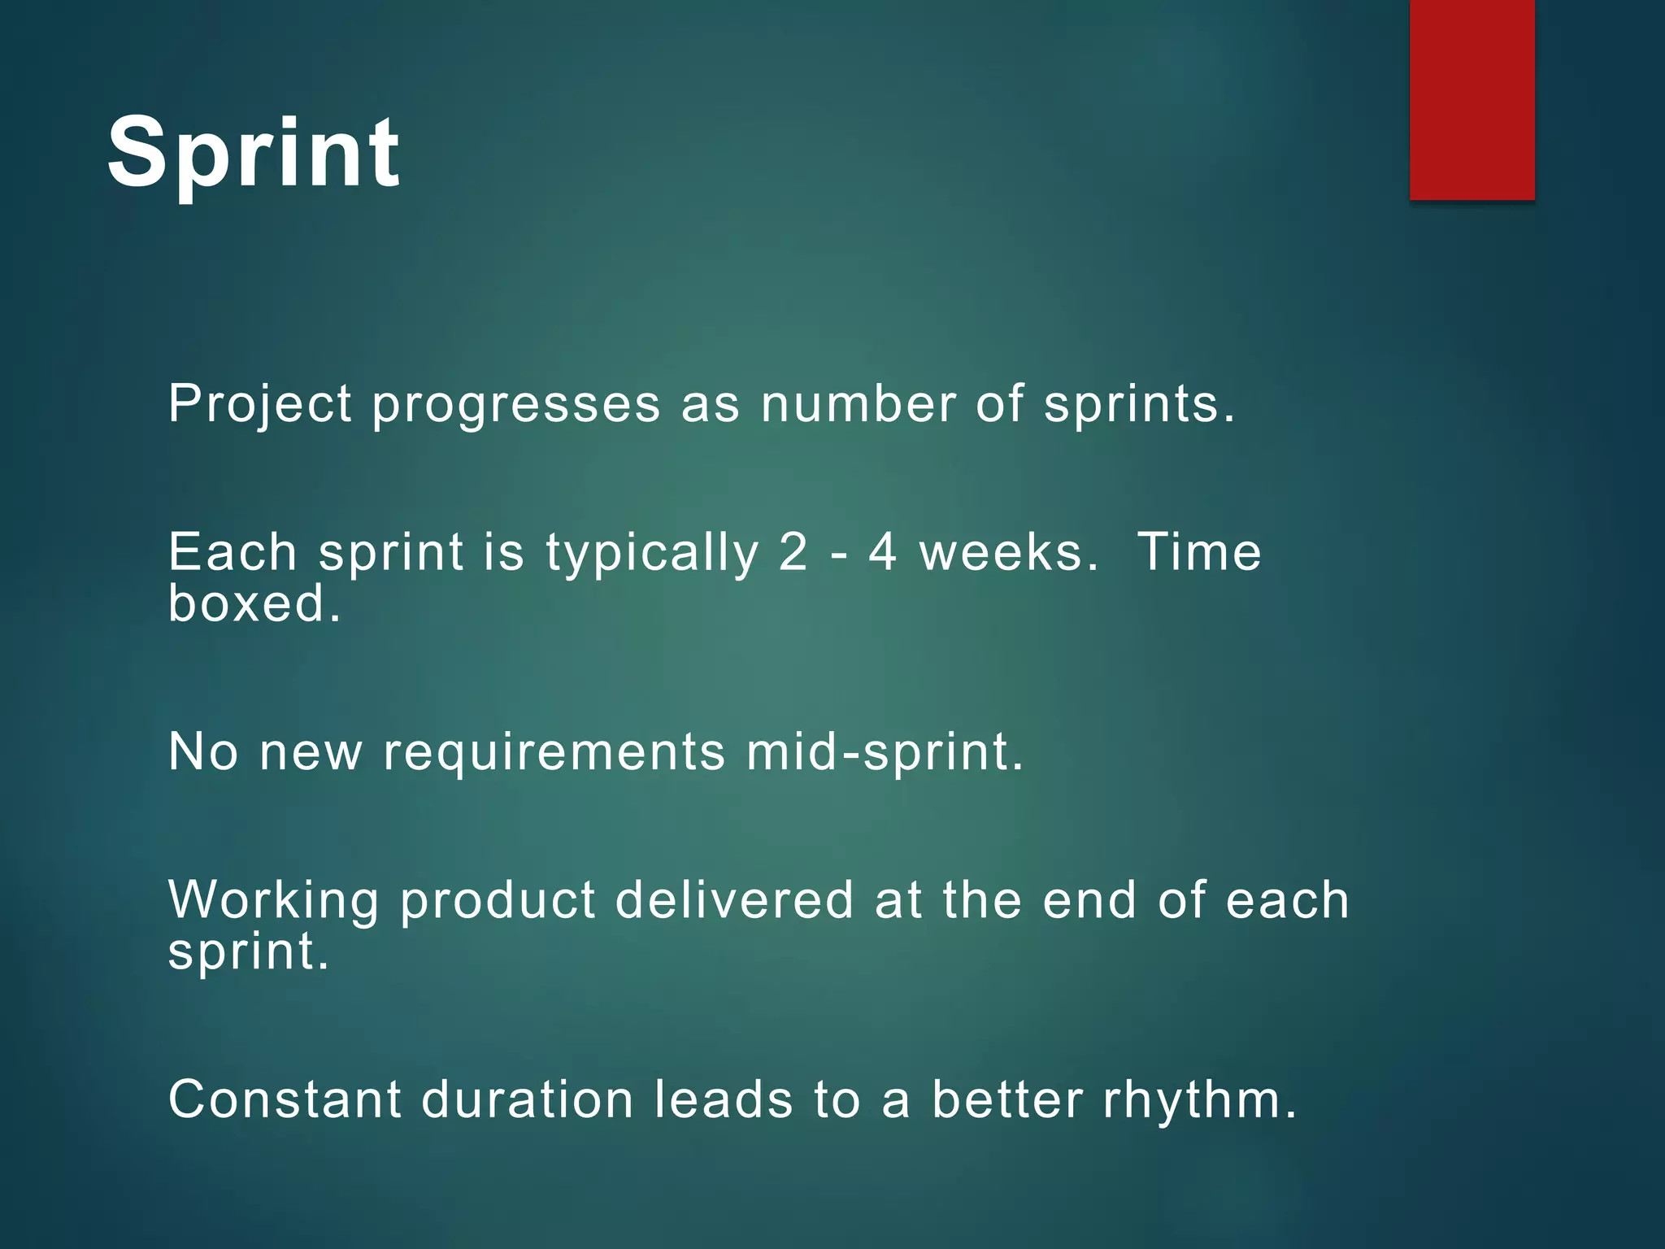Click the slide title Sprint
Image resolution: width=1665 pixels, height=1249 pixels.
coord(253,153)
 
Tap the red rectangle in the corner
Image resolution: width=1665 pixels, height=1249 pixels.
coord(1472,99)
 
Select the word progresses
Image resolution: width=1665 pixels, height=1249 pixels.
coord(516,404)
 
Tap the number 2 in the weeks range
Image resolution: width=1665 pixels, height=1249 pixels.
coord(793,553)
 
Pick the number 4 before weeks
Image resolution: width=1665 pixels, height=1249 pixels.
coord(883,553)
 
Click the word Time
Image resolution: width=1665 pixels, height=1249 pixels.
coord(1198,553)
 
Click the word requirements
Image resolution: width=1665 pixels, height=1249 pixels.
coord(554,751)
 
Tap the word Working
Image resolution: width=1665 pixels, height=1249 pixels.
coord(273,900)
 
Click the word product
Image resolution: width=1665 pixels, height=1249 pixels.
coord(498,900)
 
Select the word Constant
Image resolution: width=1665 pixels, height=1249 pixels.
coord(285,1099)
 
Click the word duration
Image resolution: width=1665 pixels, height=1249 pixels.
coord(527,1099)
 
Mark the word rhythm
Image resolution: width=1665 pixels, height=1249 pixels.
coord(1198,1099)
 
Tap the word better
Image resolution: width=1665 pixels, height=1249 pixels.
coord(1007,1099)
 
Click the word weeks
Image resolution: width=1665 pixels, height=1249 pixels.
coord(1008,553)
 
